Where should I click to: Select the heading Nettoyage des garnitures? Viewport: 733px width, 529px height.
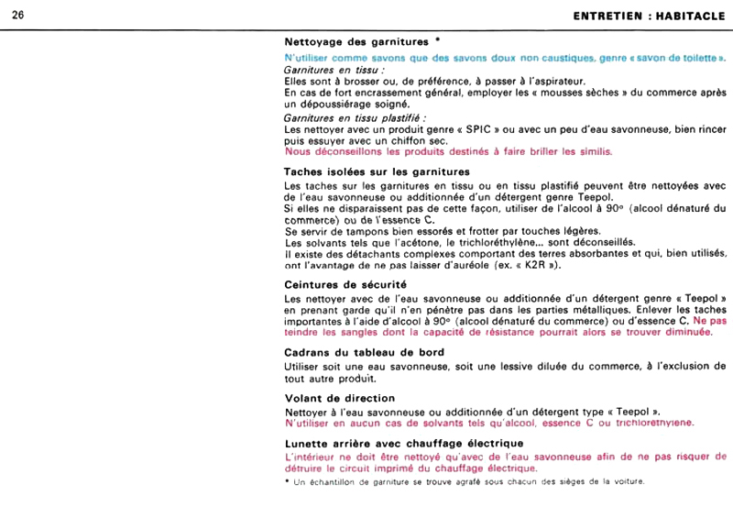tap(356, 41)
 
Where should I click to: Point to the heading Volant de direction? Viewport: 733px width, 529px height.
tap(340, 399)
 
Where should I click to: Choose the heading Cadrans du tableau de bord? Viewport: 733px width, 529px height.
tap(365, 353)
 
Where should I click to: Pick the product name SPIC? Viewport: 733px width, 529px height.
tap(434, 129)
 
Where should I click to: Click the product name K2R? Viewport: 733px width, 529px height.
tap(526, 265)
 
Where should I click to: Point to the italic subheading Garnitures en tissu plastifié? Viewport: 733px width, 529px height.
tap(356, 118)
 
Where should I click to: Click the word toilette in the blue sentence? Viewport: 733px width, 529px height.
tap(697, 58)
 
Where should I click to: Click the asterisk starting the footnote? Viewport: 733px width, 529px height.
tap(288, 481)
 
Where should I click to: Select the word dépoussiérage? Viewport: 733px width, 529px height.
tap(344, 104)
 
